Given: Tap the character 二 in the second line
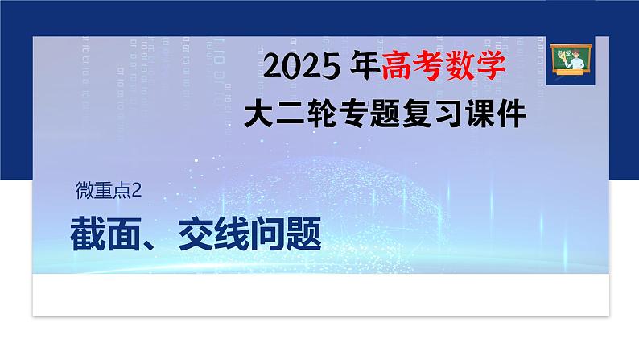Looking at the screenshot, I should click(x=294, y=114).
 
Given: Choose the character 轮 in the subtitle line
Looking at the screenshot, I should click(x=328, y=114).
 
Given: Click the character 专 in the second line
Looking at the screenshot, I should click(x=361, y=114).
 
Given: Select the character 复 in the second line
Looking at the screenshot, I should click(x=429, y=114).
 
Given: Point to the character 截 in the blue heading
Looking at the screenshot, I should click(x=91, y=234).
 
